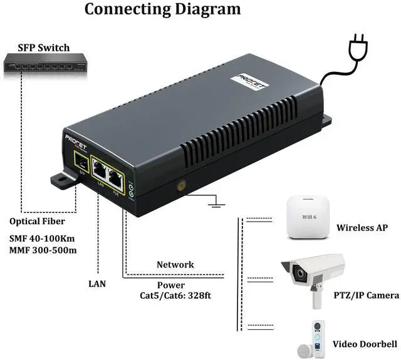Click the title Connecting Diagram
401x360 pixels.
click(x=162, y=9)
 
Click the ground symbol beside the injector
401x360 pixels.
click(x=216, y=202)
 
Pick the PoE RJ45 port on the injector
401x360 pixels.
click(x=116, y=177)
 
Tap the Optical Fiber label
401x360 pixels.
click(x=37, y=221)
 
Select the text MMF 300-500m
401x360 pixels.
click(x=43, y=251)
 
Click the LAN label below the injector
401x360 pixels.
click(x=97, y=284)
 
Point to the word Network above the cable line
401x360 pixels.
click(x=175, y=265)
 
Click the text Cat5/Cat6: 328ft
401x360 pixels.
click(x=175, y=294)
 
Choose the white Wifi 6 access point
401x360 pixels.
click(x=308, y=218)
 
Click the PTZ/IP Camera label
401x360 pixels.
click(x=366, y=295)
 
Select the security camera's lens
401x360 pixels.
click(x=299, y=274)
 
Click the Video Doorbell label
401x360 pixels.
click(x=365, y=344)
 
